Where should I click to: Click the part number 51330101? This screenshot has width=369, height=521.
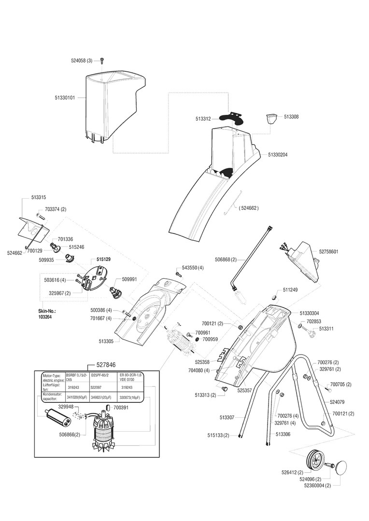(65, 97)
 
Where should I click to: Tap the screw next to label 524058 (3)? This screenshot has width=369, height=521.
(102, 61)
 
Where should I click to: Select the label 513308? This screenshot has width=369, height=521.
(291, 117)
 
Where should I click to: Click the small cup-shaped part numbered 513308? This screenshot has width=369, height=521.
(272, 118)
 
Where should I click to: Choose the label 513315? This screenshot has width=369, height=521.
(39, 197)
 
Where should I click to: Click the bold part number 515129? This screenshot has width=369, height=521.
(103, 260)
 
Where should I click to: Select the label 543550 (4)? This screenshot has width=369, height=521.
(193, 267)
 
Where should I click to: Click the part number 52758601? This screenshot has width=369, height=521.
(328, 252)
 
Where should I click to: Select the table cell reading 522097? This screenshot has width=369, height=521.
(98, 387)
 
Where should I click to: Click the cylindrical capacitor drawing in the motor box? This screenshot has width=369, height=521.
(57, 416)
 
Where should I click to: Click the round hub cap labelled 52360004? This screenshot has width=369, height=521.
(342, 468)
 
